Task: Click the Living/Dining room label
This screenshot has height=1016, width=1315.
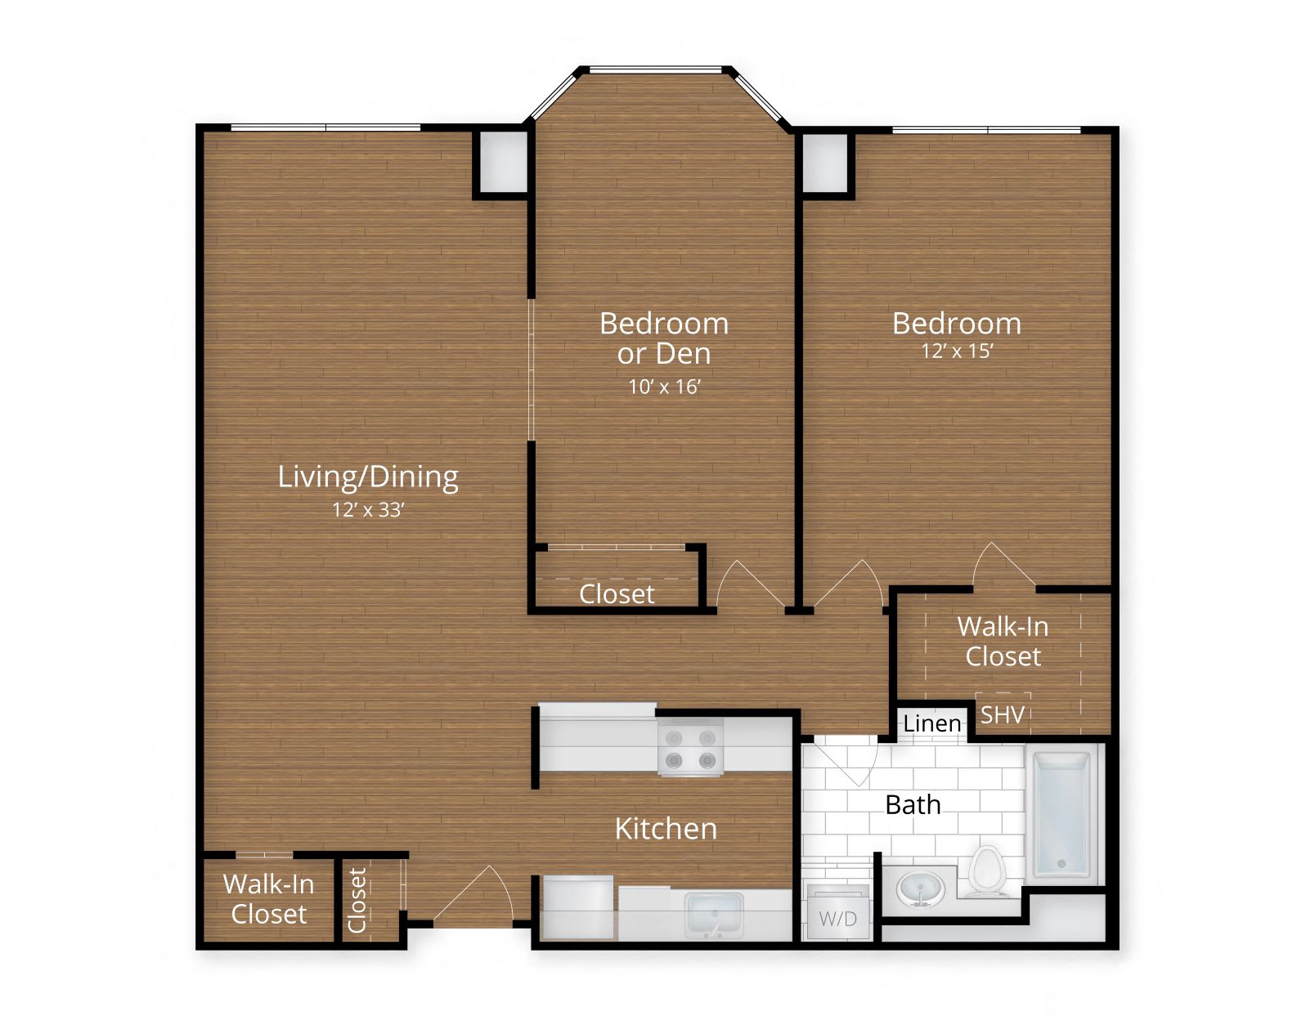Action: pos(367,477)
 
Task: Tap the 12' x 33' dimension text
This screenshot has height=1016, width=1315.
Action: pos(368,510)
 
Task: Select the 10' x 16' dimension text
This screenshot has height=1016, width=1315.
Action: pos(664,387)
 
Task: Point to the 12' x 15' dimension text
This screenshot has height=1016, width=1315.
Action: pos(957,351)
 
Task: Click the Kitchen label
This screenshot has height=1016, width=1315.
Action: pos(666,829)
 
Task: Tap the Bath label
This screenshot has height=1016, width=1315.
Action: pos(913,805)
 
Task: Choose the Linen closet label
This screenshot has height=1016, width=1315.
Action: pos(931,723)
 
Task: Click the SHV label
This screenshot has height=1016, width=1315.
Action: pos(1002,715)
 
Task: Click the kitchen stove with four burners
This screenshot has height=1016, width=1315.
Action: pos(690,748)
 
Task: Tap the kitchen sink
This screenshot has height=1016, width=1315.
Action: pos(714,914)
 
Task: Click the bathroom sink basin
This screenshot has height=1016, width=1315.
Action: pos(921,888)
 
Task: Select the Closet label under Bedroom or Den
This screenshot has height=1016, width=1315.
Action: pos(617,594)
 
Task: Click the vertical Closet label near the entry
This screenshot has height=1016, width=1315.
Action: pos(357,900)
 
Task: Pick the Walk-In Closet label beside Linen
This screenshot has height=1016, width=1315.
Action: pos(1003,642)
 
